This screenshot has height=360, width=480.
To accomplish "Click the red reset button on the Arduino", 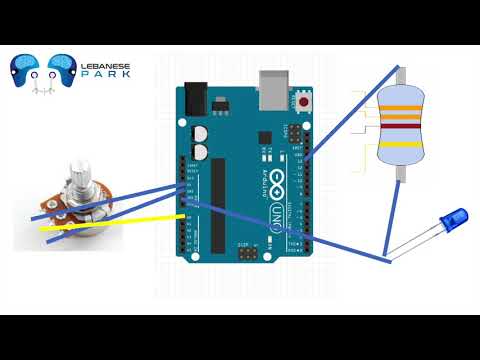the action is point(304,102).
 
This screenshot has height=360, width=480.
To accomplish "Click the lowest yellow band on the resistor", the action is point(397,144).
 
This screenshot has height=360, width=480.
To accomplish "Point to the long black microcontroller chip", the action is point(218,204).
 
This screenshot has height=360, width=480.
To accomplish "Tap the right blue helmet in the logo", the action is point(65,68).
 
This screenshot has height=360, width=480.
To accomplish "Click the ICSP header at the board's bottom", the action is point(246,255).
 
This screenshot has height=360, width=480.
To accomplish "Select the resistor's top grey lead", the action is point(400,74).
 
